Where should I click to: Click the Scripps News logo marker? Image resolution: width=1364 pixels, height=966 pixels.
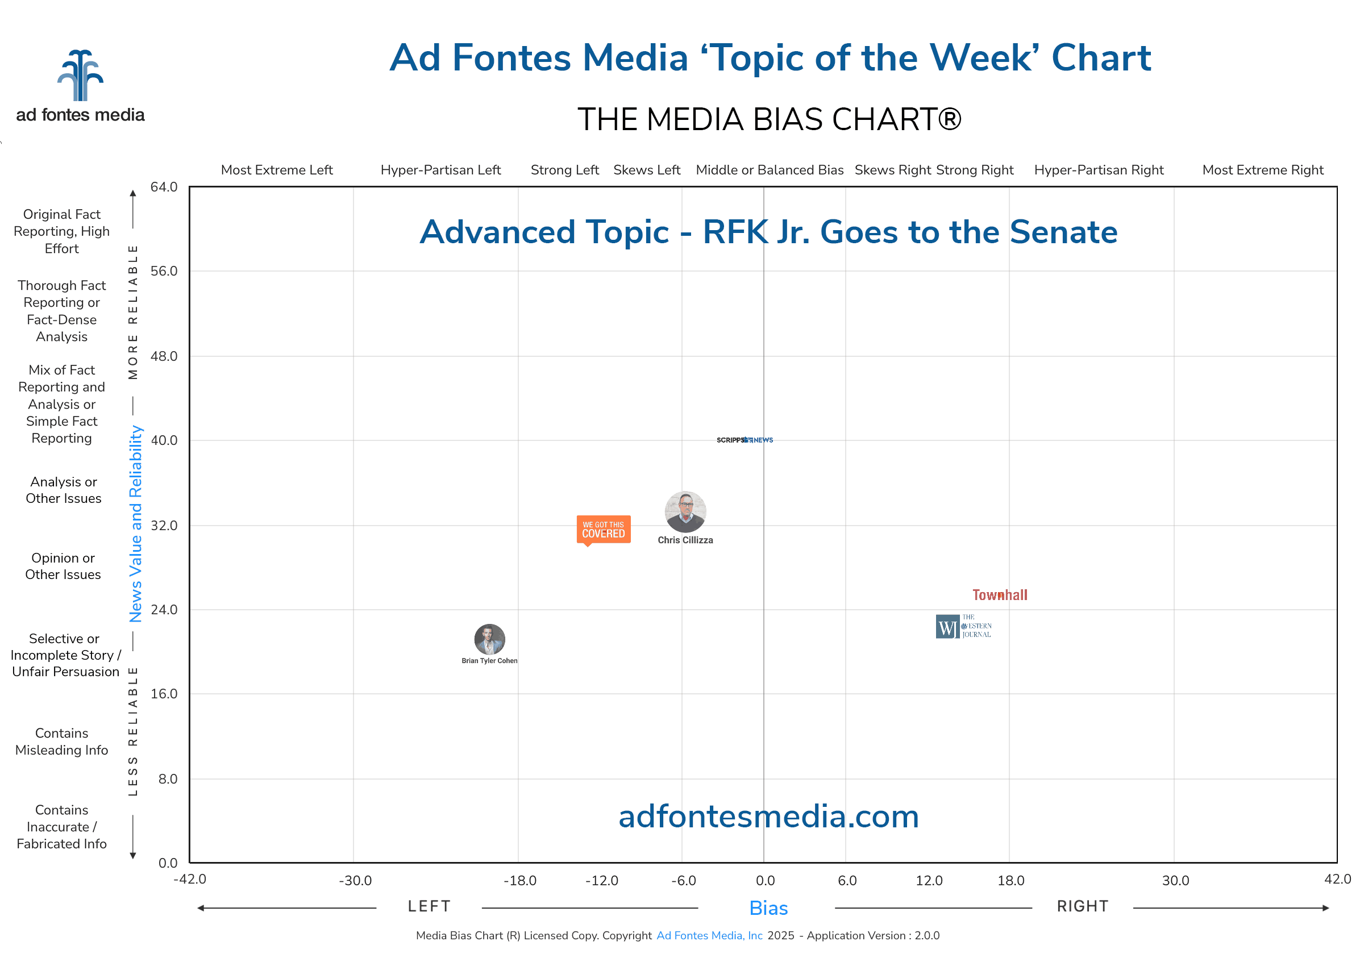pos(744,440)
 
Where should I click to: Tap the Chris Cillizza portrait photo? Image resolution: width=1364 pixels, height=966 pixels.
pos(685,511)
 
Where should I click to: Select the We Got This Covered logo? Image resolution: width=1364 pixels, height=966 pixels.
pos(603,530)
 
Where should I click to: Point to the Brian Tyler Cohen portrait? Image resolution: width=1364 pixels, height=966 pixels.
pos(489,639)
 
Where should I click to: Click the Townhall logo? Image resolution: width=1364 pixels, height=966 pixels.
pos(999,596)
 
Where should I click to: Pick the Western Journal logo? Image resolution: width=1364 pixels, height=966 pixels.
pos(963,626)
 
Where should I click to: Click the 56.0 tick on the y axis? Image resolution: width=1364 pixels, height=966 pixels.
pos(164,271)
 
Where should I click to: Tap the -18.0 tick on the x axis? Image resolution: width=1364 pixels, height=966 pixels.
pos(520,881)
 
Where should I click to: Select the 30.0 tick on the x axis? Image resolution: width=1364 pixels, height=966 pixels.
pos(1175,881)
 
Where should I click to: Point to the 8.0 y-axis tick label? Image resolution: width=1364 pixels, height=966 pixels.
pos(168,779)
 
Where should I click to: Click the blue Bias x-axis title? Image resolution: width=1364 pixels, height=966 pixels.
pos(768,908)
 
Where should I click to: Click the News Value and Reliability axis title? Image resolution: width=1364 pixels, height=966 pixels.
pos(136,523)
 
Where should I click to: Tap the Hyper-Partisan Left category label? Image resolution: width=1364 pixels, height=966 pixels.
pos(441,170)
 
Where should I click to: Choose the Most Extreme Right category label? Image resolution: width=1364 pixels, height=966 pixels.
pos(1262,170)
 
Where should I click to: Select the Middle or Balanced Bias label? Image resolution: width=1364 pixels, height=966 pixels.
pos(769,170)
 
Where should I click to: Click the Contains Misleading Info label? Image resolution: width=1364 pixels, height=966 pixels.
pos(62,742)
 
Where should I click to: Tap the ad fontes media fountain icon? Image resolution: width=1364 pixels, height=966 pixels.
pos(80,76)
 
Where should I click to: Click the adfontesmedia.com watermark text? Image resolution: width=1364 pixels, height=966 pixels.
pos(768,817)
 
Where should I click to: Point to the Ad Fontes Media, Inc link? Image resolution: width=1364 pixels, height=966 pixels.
pos(709,936)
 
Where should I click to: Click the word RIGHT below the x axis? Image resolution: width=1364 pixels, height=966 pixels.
pos(1083,906)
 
